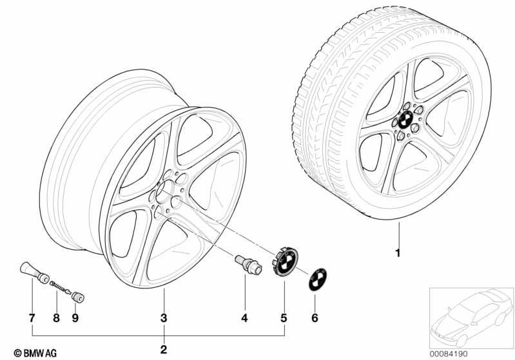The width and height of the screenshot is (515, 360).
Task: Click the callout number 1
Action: pos(398,253)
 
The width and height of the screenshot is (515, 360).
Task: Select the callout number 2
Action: pos(164,350)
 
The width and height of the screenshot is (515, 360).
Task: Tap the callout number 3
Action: pos(164,317)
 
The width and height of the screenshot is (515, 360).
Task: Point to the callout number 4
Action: pos(244,317)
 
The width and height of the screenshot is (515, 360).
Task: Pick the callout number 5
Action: pos(284,317)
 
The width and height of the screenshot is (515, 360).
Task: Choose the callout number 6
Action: pos(315,317)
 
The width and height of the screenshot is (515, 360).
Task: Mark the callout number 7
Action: pos(32,317)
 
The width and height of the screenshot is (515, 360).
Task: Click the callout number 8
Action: pos(57,317)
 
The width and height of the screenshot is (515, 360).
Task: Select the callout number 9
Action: pos(75,317)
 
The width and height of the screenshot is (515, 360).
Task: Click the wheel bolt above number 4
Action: pos(248,265)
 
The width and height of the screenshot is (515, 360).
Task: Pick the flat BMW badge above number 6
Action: pos(317,279)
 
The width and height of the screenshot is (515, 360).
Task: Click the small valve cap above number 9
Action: pos(78,297)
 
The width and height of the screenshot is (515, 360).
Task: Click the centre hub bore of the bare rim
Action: pos(164,192)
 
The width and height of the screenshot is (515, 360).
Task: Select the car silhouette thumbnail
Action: pos(472,317)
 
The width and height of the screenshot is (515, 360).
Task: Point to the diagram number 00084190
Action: pos(449,354)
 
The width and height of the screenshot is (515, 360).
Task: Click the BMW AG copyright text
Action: pos(35,353)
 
